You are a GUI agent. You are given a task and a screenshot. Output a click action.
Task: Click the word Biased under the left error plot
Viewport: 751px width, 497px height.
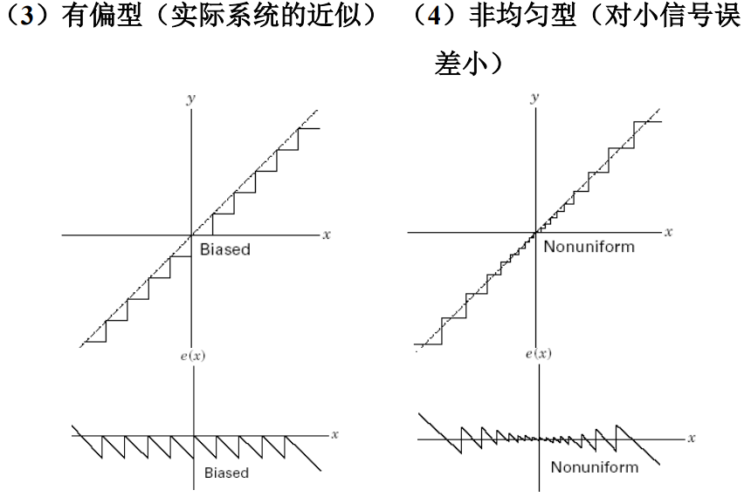pos(226,473)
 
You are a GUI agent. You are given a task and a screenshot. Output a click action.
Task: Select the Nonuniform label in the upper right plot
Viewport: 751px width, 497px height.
pos(589,247)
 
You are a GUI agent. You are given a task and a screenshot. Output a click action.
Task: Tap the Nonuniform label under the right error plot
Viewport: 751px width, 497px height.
pos(594,466)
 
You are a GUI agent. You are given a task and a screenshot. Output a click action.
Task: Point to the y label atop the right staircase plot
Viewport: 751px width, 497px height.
pos(535,99)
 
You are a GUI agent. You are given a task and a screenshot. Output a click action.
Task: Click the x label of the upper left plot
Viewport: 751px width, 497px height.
pos(325,235)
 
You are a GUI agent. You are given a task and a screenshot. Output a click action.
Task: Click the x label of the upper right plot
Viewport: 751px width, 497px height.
pos(669,233)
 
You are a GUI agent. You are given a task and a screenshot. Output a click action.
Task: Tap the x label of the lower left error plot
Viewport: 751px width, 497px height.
pos(333,433)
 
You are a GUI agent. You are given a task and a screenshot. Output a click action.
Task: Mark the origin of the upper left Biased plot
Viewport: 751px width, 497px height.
pos(191,235)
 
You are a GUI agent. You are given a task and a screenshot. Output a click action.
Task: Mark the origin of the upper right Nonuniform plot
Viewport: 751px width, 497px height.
pos(536,233)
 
